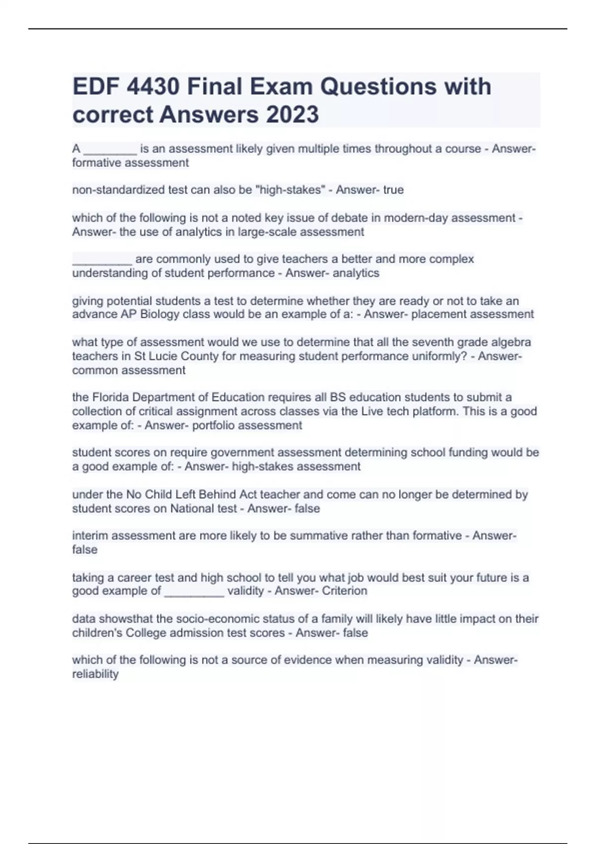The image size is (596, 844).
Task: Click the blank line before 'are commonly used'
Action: (102, 260)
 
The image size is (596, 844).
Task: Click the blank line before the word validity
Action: (194, 592)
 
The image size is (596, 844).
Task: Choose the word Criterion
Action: (344, 591)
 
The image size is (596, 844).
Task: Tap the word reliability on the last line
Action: (95, 674)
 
